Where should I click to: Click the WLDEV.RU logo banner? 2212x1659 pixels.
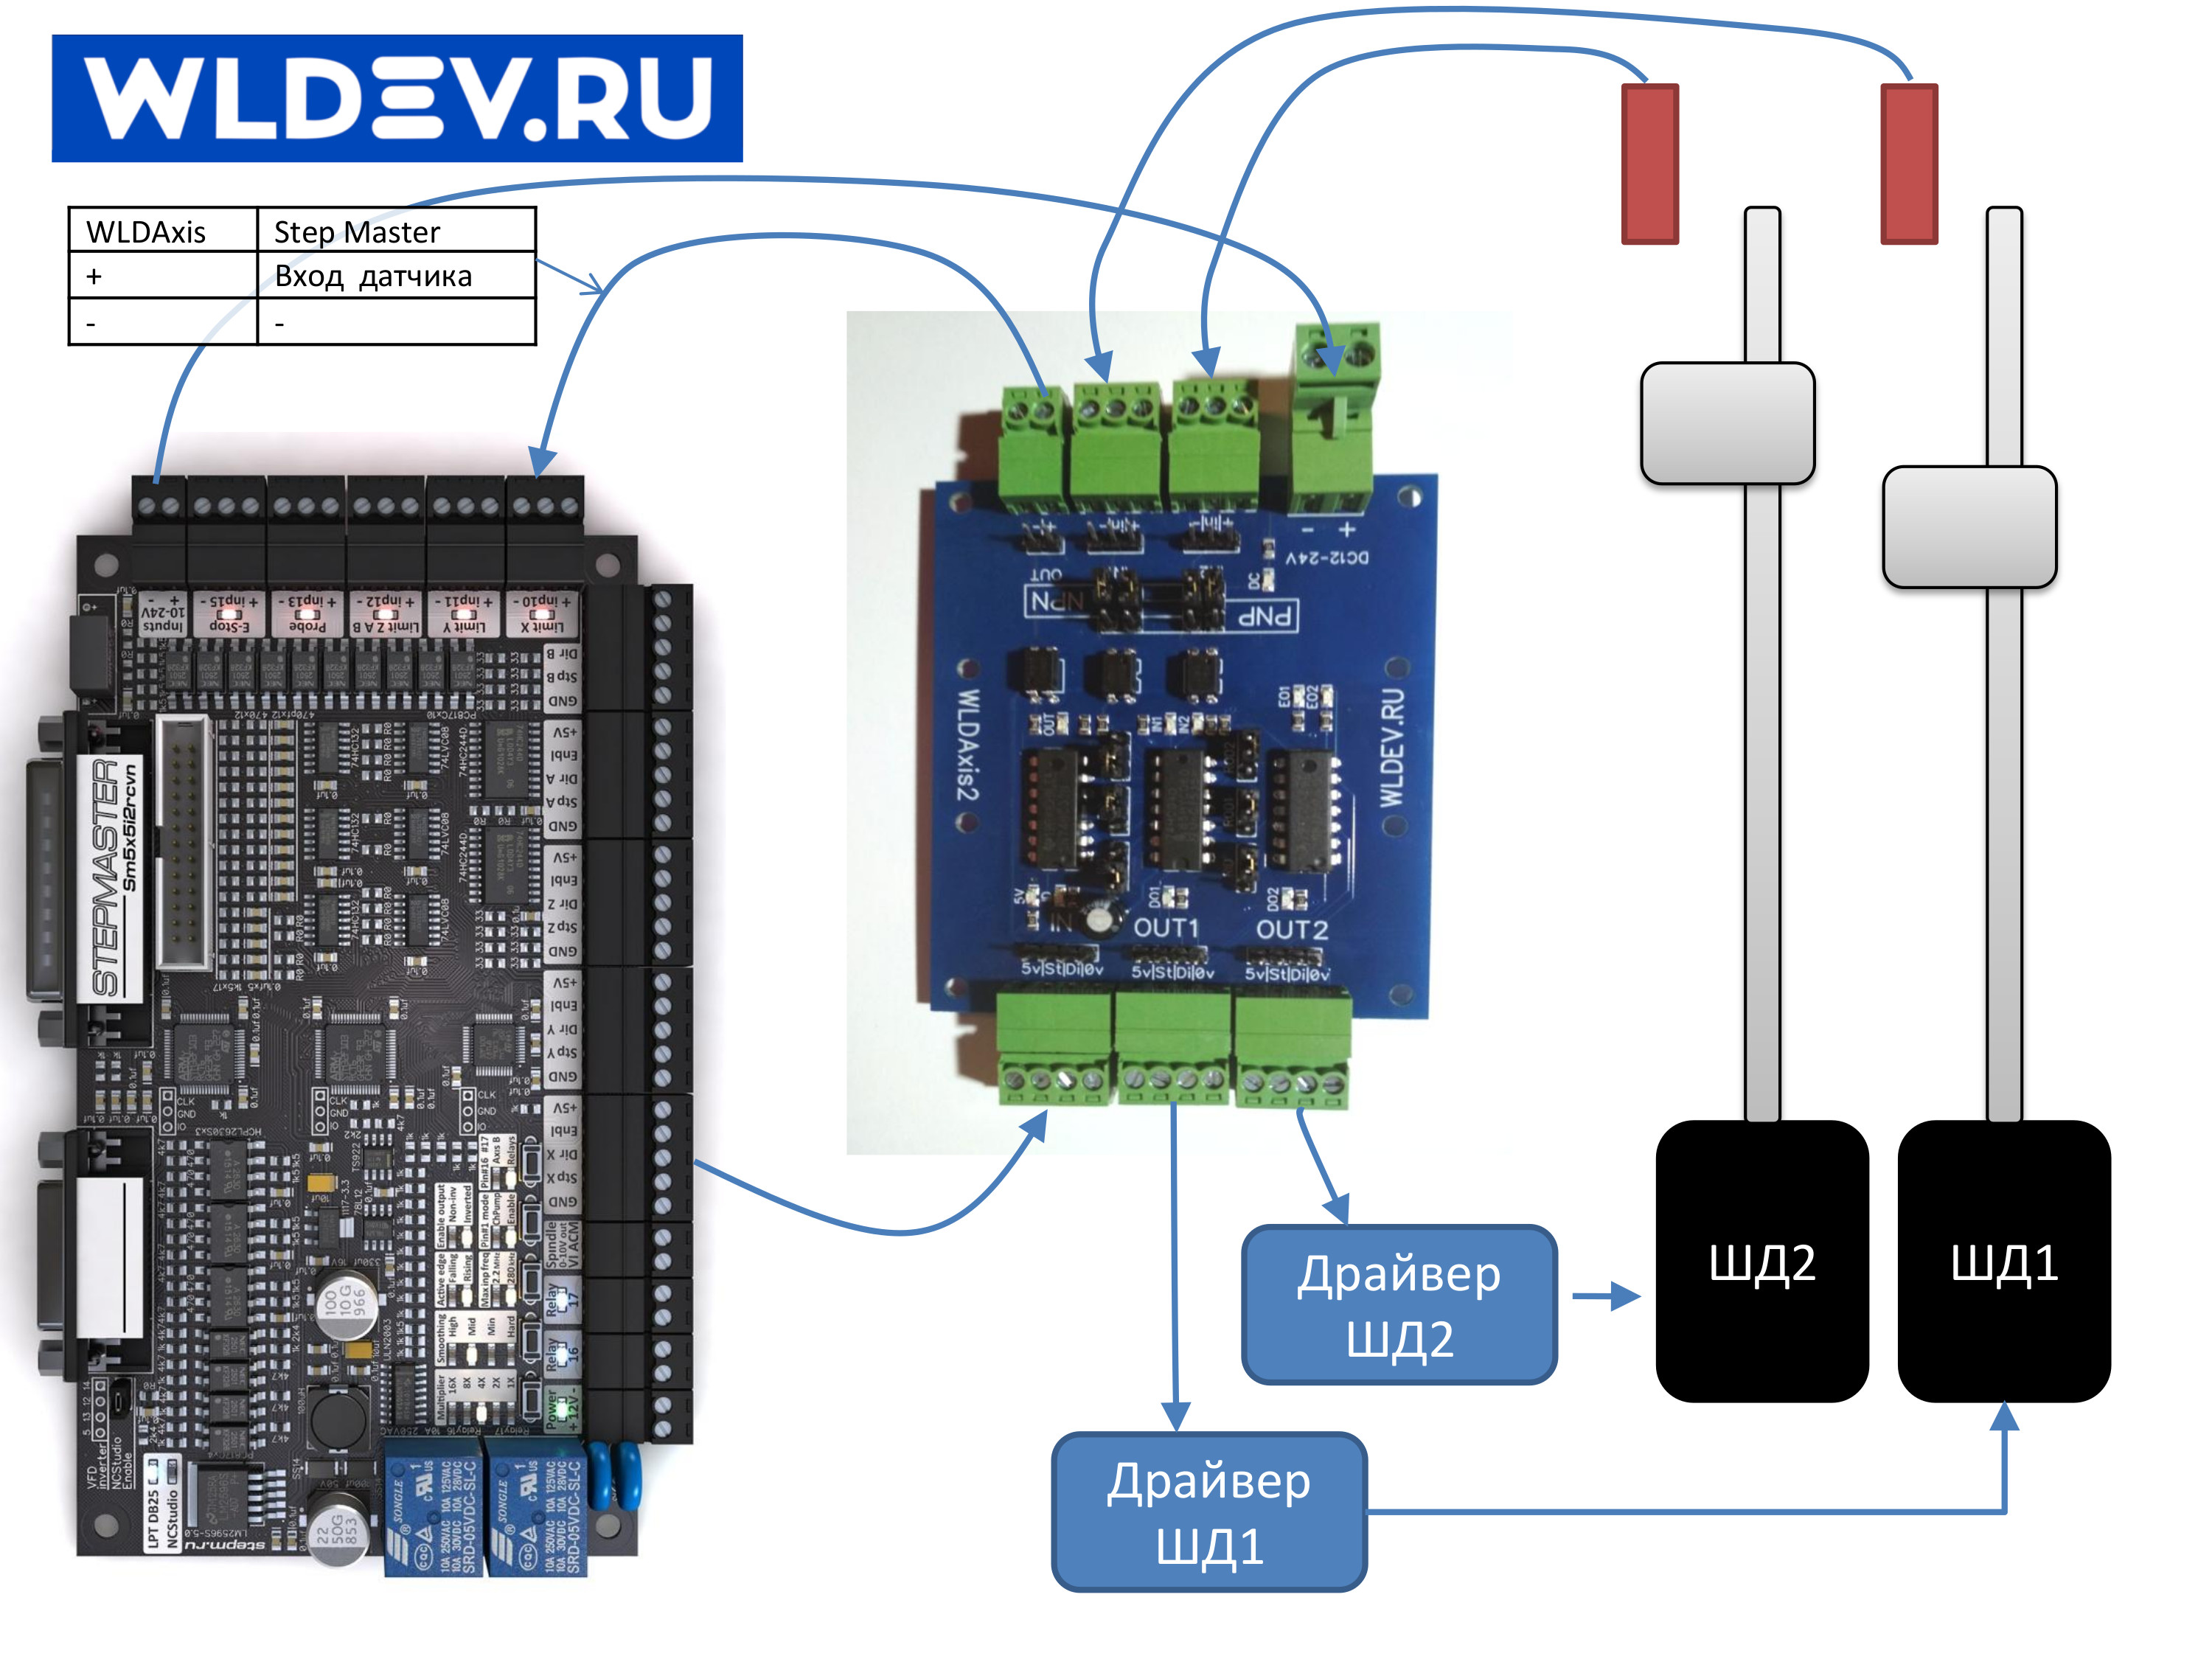point(397,98)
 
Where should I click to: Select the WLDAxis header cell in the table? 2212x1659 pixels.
point(146,232)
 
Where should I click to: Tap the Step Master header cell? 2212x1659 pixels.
point(357,232)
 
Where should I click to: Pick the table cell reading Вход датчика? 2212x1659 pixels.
point(373,276)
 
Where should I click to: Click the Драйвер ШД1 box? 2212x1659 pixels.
point(1209,1512)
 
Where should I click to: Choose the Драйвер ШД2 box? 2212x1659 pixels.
point(1399,1305)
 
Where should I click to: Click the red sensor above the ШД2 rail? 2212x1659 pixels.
point(1649,163)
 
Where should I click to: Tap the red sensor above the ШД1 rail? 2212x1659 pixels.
point(1909,163)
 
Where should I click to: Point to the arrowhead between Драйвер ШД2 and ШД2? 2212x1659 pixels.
point(1626,1297)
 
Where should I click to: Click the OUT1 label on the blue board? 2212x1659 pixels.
point(1165,928)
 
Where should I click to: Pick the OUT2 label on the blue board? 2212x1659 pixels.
point(1292,930)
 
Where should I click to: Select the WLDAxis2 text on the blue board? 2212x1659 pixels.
point(967,744)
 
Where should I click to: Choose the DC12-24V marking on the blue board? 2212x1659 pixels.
point(1327,557)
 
